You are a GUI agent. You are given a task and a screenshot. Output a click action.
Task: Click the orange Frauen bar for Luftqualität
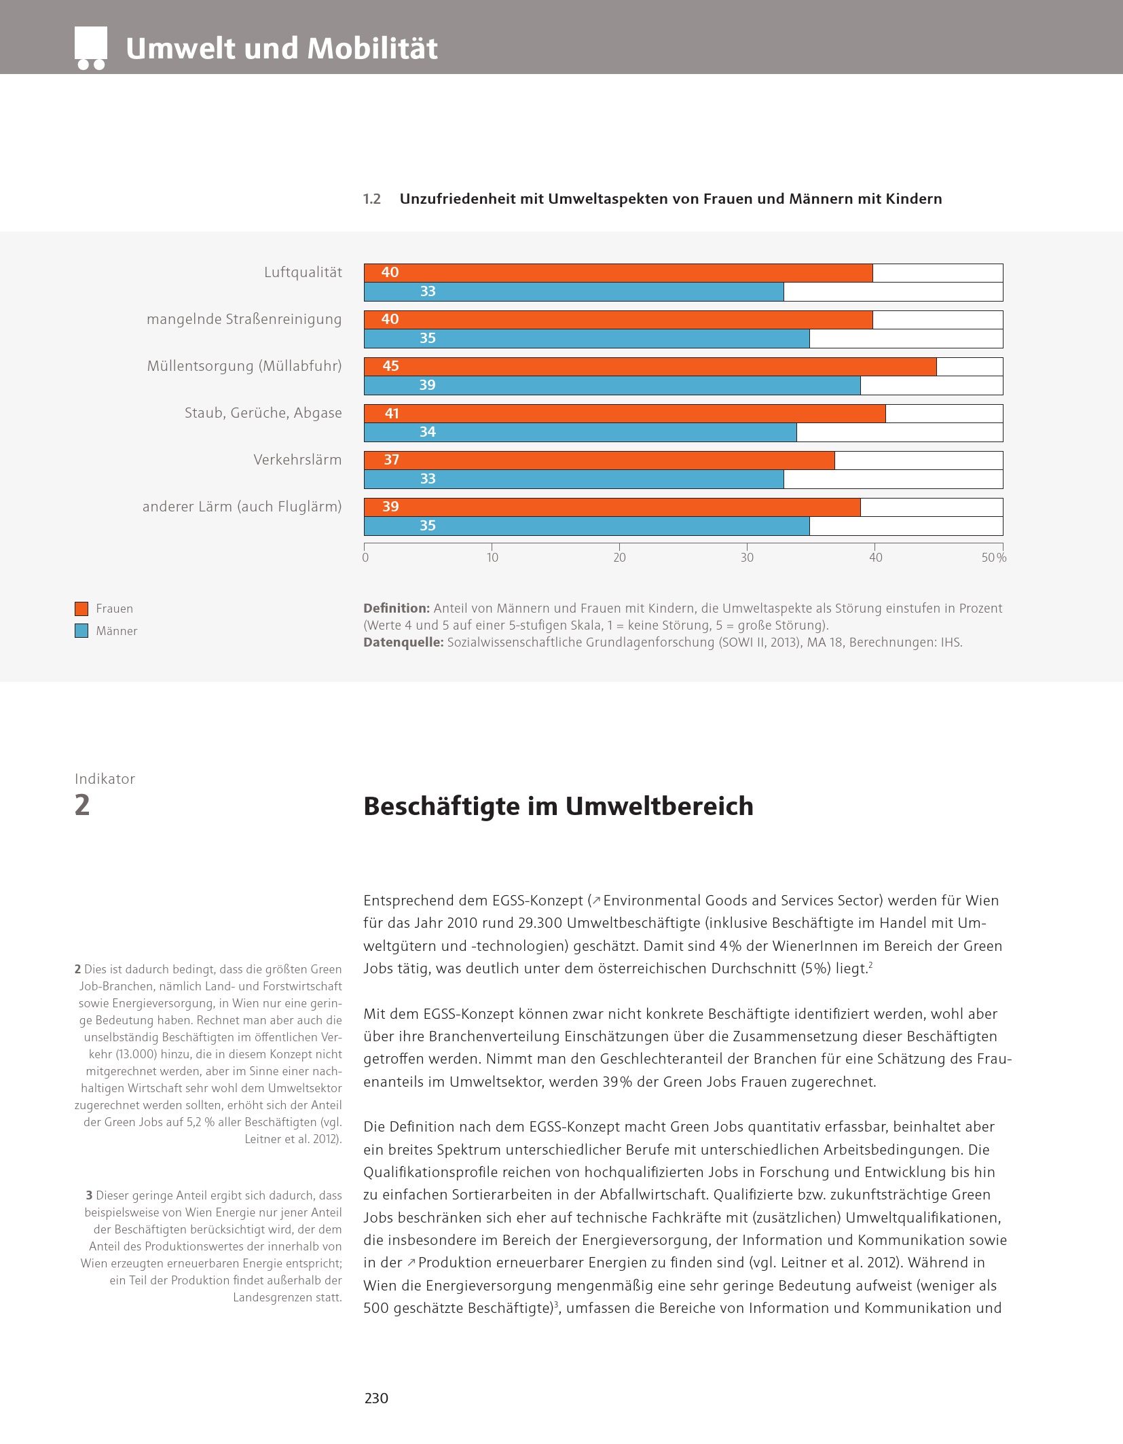pyautogui.click(x=618, y=273)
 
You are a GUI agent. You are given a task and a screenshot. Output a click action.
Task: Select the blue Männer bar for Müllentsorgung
pyautogui.click(x=612, y=386)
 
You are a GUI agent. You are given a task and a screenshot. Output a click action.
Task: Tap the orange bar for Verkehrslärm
pyautogui.click(x=599, y=461)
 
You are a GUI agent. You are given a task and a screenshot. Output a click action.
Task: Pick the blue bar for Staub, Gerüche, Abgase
pyautogui.click(x=580, y=433)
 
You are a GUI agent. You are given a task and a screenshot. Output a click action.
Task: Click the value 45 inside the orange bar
pyautogui.click(x=390, y=367)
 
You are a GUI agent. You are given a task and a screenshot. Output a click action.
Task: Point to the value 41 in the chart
pyautogui.click(x=392, y=414)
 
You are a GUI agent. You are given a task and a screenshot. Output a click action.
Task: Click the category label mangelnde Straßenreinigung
pyautogui.click(x=244, y=319)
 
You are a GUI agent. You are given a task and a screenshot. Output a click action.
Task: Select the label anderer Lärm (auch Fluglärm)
pyautogui.click(x=242, y=507)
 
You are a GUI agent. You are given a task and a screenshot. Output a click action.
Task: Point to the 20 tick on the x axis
pyautogui.click(x=619, y=558)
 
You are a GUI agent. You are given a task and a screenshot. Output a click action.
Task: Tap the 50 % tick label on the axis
pyautogui.click(x=993, y=558)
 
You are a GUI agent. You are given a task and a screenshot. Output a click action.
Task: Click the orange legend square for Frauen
pyautogui.click(x=81, y=609)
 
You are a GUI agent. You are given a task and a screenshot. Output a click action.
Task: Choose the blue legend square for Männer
pyautogui.click(x=81, y=631)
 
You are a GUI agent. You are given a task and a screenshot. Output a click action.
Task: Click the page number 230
pyautogui.click(x=376, y=1398)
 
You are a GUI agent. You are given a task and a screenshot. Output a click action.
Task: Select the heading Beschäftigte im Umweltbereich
pyautogui.click(x=558, y=806)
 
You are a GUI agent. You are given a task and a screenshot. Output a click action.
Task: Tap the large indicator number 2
pyautogui.click(x=82, y=805)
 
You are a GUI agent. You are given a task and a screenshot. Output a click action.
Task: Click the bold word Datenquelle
pyautogui.click(x=403, y=643)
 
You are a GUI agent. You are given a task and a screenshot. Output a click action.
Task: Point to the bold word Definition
pyautogui.click(x=397, y=609)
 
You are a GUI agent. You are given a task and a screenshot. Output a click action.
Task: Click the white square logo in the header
pyautogui.click(x=91, y=45)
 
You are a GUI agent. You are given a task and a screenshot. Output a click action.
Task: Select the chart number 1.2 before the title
pyautogui.click(x=371, y=199)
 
